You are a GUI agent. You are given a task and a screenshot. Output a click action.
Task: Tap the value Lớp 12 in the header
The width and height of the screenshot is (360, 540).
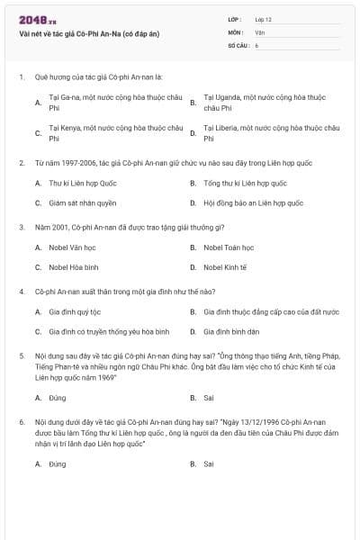pos(264,18)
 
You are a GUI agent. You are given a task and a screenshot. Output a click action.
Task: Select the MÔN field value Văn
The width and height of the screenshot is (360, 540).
pos(259,31)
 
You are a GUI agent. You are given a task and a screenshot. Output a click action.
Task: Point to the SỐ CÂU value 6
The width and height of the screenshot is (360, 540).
pos(256,44)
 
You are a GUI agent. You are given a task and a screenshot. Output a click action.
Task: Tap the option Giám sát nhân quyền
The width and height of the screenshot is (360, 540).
pos(83,202)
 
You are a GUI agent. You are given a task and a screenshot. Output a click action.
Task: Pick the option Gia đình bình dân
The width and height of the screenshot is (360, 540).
pos(231,332)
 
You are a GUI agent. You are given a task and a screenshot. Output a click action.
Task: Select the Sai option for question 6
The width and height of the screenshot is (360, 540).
pos(209,463)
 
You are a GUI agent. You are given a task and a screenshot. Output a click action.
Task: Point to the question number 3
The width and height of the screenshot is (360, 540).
pos(22,227)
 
